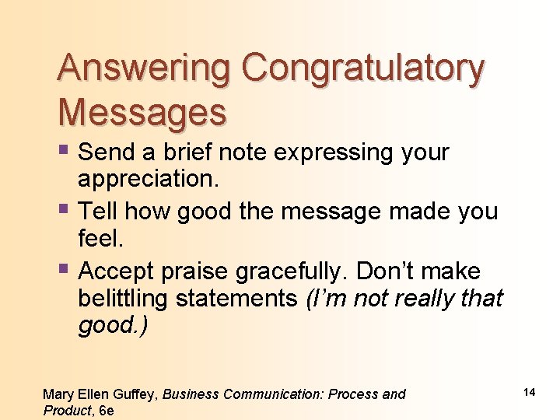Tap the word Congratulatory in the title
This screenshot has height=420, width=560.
[x=362, y=69]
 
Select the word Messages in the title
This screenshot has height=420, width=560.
[x=142, y=113]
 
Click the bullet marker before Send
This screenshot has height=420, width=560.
[x=64, y=150]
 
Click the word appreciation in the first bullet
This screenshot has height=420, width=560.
[x=149, y=179]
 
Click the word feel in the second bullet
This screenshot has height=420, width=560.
[x=100, y=238]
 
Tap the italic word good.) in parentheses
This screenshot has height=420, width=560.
[x=112, y=325]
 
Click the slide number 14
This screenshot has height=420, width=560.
[x=529, y=393]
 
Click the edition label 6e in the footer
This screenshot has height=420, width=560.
[x=107, y=410]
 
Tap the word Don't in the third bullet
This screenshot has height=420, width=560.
[x=387, y=271]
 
